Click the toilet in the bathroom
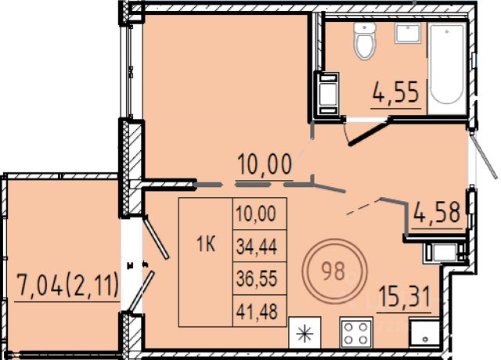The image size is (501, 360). point(365,41)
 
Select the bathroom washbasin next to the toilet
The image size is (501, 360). point(407,33)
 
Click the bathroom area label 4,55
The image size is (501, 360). point(396,92)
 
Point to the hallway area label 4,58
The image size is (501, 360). point(437,213)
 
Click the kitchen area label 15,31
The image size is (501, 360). point(404,297)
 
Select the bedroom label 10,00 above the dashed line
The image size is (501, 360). point(265,164)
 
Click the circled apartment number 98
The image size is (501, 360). point(333,272)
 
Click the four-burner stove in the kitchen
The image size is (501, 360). point(356,333)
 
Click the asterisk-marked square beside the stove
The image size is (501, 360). point(305,333)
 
